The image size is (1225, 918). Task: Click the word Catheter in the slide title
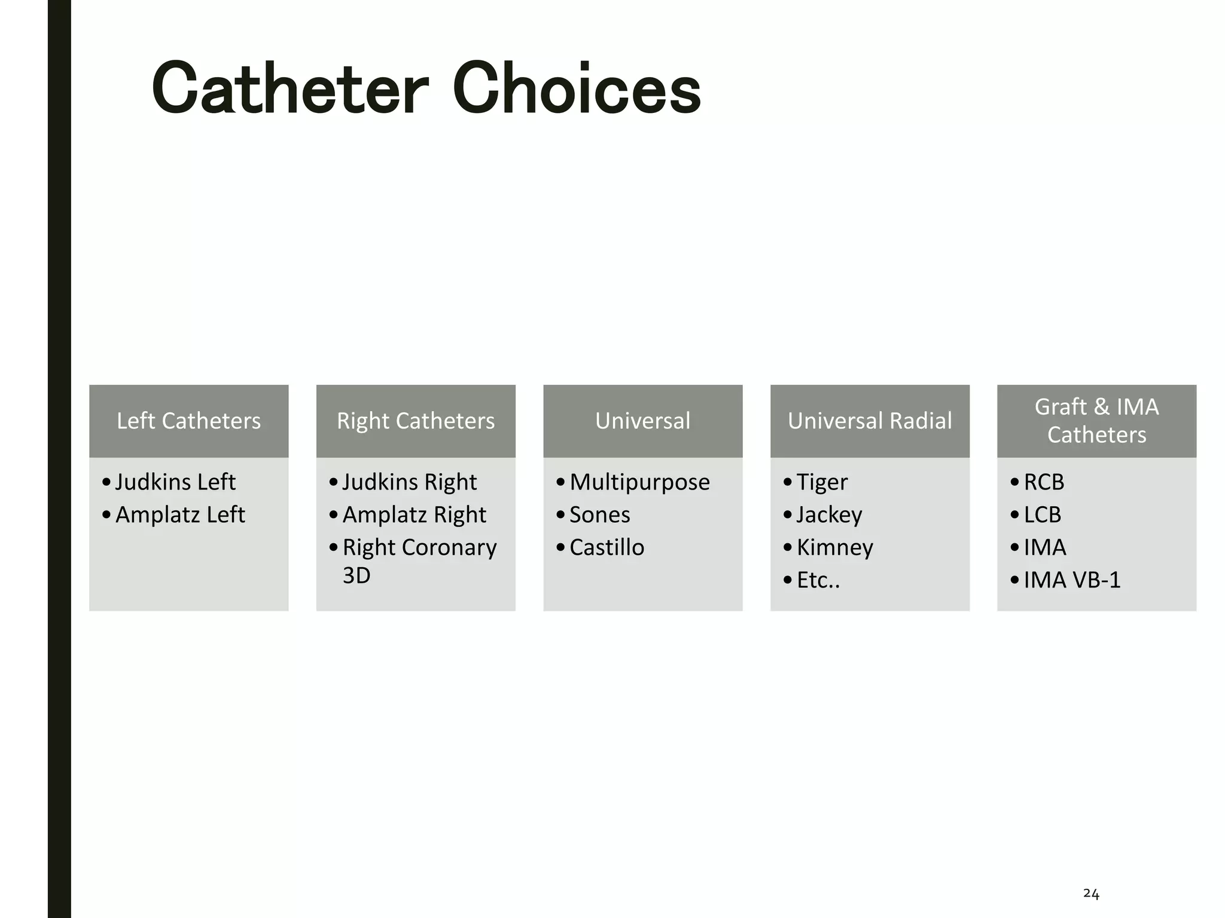290,90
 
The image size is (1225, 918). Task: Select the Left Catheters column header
188,421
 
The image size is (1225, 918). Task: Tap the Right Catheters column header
416,421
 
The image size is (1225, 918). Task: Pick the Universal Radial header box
870,421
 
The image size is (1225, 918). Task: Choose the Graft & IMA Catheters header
1096,421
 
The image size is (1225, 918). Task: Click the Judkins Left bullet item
175,482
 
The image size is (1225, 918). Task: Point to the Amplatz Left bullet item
180,515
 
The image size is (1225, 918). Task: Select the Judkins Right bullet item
409,482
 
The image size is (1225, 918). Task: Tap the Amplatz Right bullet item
414,515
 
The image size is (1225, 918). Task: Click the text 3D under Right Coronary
356,576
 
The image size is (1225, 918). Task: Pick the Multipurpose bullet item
639,482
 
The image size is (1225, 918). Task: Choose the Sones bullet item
599,515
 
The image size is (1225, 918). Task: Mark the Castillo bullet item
607,547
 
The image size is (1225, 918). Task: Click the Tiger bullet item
822,482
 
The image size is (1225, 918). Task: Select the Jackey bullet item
829,515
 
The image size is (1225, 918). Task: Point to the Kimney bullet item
834,547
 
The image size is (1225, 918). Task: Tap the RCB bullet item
1044,482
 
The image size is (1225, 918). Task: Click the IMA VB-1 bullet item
1072,580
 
